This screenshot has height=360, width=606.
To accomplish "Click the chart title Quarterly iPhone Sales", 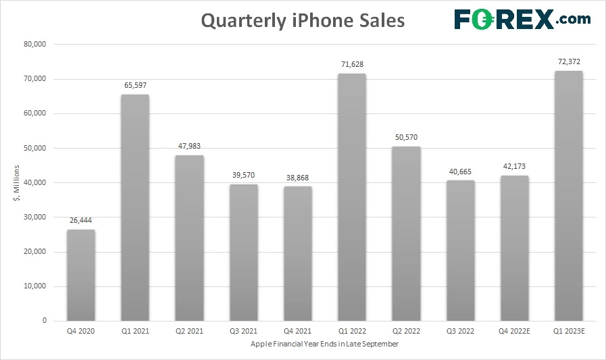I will pyautogui.click(x=303, y=21).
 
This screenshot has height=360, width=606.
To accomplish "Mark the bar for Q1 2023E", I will pyautogui.click(x=568, y=195).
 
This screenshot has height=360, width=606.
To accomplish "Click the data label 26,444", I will pyautogui.click(x=81, y=220).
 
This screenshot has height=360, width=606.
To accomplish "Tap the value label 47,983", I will pyautogui.click(x=189, y=145).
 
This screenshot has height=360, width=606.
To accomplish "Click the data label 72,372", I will pyautogui.click(x=568, y=61).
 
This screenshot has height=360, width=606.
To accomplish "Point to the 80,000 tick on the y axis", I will pyautogui.click(x=34, y=45).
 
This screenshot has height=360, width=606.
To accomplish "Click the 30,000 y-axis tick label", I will pyautogui.click(x=34, y=217).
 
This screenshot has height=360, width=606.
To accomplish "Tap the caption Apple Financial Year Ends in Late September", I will pyautogui.click(x=324, y=344).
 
